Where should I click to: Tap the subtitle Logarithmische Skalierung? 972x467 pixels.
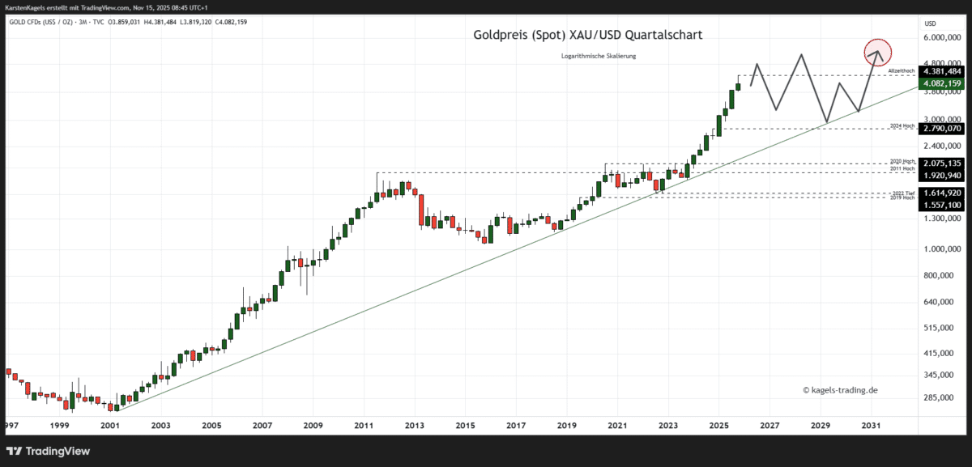(x=599, y=55)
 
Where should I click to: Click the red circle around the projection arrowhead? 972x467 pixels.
(x=876, y=53)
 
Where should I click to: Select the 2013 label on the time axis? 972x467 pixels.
(x=415, y=425)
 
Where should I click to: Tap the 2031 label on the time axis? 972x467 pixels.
(x=872, y=425)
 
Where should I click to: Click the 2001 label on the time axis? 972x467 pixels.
(x=110, y=425)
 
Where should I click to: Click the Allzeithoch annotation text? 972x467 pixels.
(x=902, y=71)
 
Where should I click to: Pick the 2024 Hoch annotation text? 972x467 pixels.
(x=902, y=126)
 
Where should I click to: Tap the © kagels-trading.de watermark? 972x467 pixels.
(x=840, y=390)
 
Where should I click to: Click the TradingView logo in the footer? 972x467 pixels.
(x=49, y=451)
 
